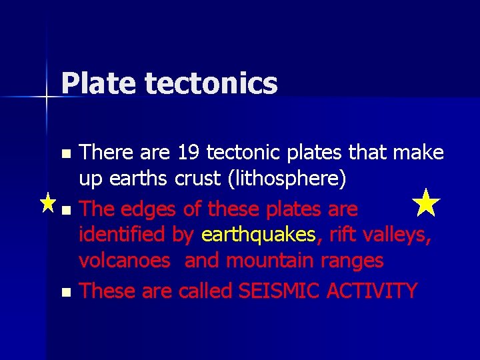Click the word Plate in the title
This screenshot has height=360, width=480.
[x=99, y=84]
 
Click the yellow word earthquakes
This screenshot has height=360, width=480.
[x=258, y=234]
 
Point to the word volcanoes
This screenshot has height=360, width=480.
[x=125, y=260]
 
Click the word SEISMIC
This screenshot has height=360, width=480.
[x=270, y=291]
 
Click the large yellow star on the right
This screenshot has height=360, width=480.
[x=427, y=203]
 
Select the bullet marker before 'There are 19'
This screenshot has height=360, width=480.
[x=65, y=154]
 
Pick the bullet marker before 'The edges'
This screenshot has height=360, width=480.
[x=65, y=211]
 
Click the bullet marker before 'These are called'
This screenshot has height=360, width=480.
[x=65, y=292]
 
